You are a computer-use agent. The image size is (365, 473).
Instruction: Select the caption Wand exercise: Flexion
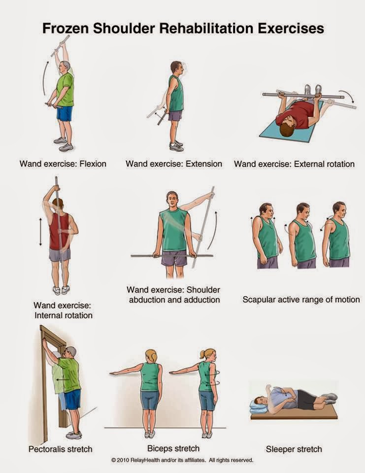click(63, 163)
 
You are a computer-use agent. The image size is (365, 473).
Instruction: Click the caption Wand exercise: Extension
click(174, 163)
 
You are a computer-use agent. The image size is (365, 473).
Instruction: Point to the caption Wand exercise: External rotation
click(294, 163)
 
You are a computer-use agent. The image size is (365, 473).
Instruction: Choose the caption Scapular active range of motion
click(300, 299)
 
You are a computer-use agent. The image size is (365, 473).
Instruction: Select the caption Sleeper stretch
click(294, 449)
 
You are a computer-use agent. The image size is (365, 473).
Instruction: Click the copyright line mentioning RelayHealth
click(182, 461)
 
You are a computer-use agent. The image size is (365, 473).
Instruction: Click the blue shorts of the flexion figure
click(65, 114)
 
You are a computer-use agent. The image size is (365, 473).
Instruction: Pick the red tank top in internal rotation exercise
click(58, 232)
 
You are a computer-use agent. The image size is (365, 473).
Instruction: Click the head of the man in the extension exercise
click(176, 68)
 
